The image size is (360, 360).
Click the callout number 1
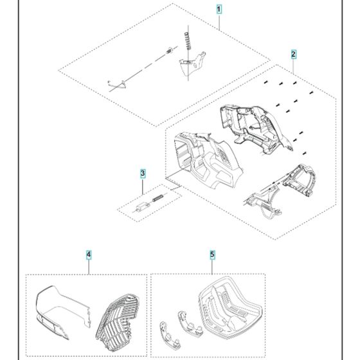219,10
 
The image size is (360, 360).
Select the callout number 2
293,54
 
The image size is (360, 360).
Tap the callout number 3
143,174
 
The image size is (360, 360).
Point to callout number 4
89,255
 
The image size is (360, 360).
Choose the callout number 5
212,255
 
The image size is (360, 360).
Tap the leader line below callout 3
143,186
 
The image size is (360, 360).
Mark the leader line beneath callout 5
212,266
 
